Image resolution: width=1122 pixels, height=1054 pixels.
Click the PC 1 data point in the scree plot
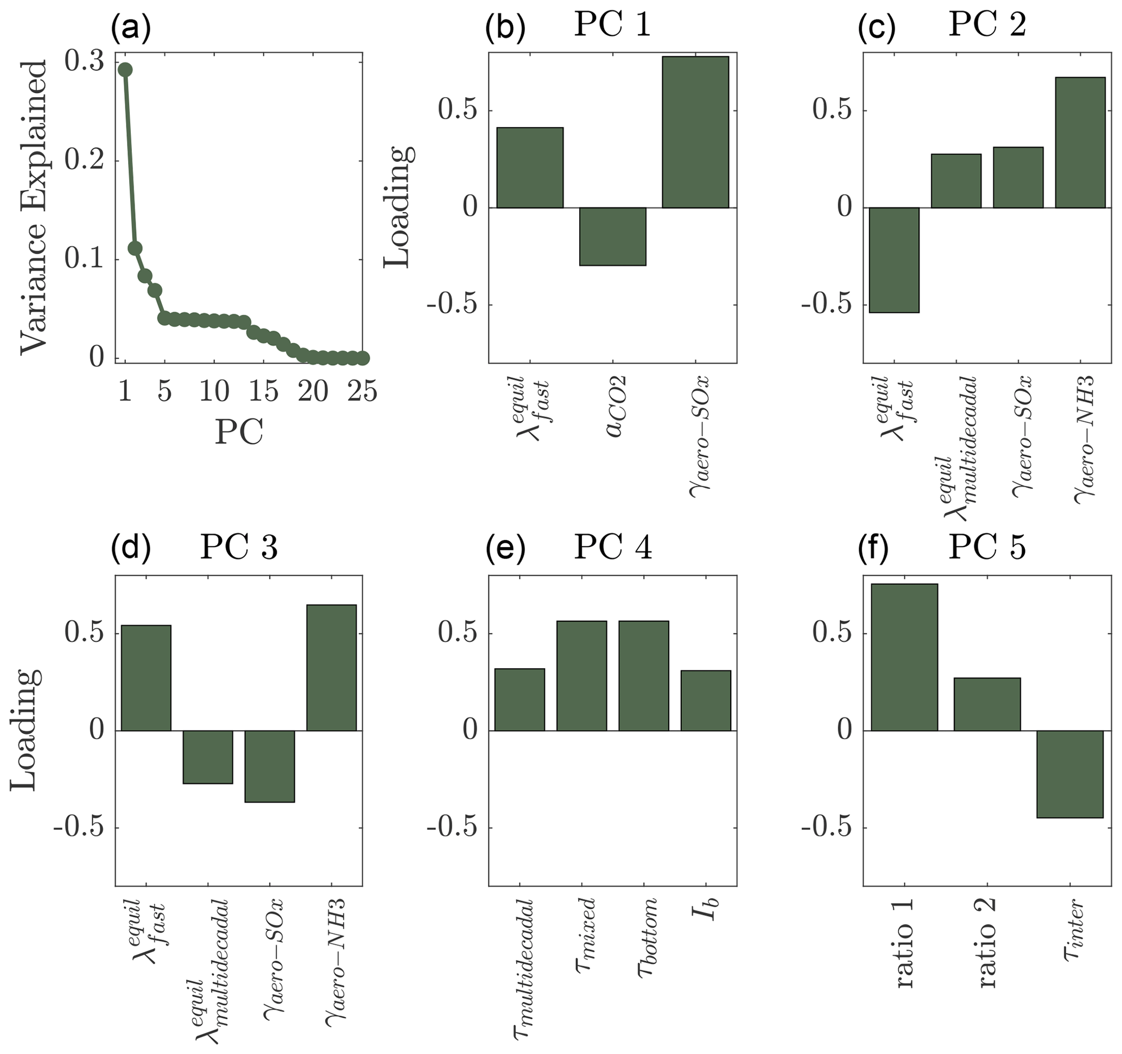[x=125, y=70]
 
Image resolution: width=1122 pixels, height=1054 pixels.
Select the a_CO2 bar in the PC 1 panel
[x=612, y=237]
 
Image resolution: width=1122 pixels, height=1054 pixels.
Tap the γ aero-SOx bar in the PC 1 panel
[x=695, y=132]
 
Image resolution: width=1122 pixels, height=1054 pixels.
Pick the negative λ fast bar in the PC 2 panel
[x=894, y=260]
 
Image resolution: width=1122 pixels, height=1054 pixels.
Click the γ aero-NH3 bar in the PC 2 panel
[x=1080, y=143]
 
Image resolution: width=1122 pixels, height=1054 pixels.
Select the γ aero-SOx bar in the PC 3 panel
[x=270, y=766]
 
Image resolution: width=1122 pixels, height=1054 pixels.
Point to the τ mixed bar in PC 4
[x=582, y=676]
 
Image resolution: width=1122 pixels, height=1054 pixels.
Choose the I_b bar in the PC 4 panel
[x=706, y=701]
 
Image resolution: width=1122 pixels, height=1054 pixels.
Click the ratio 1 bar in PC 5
[x=904, y=657]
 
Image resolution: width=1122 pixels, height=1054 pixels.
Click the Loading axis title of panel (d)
[x=26, y=731]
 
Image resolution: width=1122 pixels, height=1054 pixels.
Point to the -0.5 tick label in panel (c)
[x=825, y=305]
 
